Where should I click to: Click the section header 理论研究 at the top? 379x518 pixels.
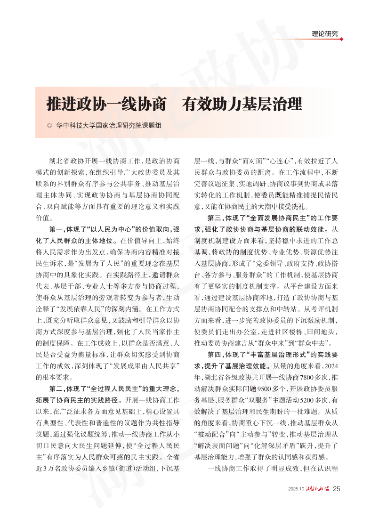pyautogui.click(x=325, y=34)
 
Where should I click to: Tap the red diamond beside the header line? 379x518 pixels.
pyautogui.click(x=341, y=39)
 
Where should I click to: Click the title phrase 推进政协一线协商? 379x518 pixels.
pyautogui.click(x=106, y=104)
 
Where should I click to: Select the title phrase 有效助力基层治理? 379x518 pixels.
pyautogui.click(x=243, y=104)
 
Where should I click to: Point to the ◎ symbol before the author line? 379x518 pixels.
pyautogui.click(x=49, y=126)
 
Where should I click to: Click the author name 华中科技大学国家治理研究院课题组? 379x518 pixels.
pyautogui.click(x=109, y=126)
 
